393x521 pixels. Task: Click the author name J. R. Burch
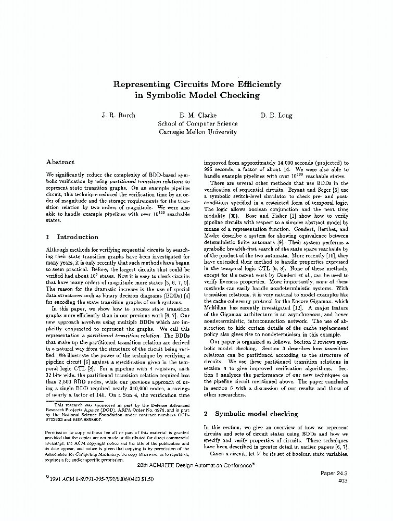click(118, 115)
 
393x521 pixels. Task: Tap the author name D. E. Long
click(276, 115)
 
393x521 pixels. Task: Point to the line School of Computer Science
click(197, 123)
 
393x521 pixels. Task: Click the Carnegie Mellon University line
click(197, 132)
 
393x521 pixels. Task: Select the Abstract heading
click(60, 162)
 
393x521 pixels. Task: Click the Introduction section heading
click(77, 237)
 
